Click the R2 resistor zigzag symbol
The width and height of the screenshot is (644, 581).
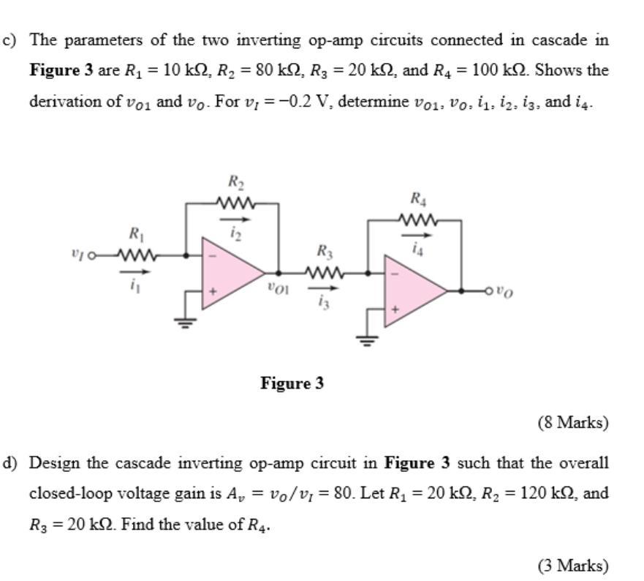pyautogui.click(x=235, y=202)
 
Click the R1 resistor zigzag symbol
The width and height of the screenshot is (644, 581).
pyautogui.click(x=137, y=255)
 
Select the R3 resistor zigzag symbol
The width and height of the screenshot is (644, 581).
pyautogui.click(x=323, y=272)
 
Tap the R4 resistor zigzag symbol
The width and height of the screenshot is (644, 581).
pyautogui.click(x=418, y=219)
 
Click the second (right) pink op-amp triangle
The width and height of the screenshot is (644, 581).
pyautogui.click(x=411, y=290)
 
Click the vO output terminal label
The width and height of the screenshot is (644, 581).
pyautogui.click(x=504, y=292)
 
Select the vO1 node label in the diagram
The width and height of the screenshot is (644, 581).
pyautogui.click(x=279, y=289)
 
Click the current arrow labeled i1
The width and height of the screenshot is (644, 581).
pyautogui.click(x=136, y=272)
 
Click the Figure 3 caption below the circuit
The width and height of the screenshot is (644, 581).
pyautogui.click(x=292, y=383)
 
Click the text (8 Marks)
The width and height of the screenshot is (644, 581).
pyautogui.click(x=572, y=422)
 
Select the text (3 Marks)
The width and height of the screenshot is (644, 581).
pyautogui.click(x=572, y=566)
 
